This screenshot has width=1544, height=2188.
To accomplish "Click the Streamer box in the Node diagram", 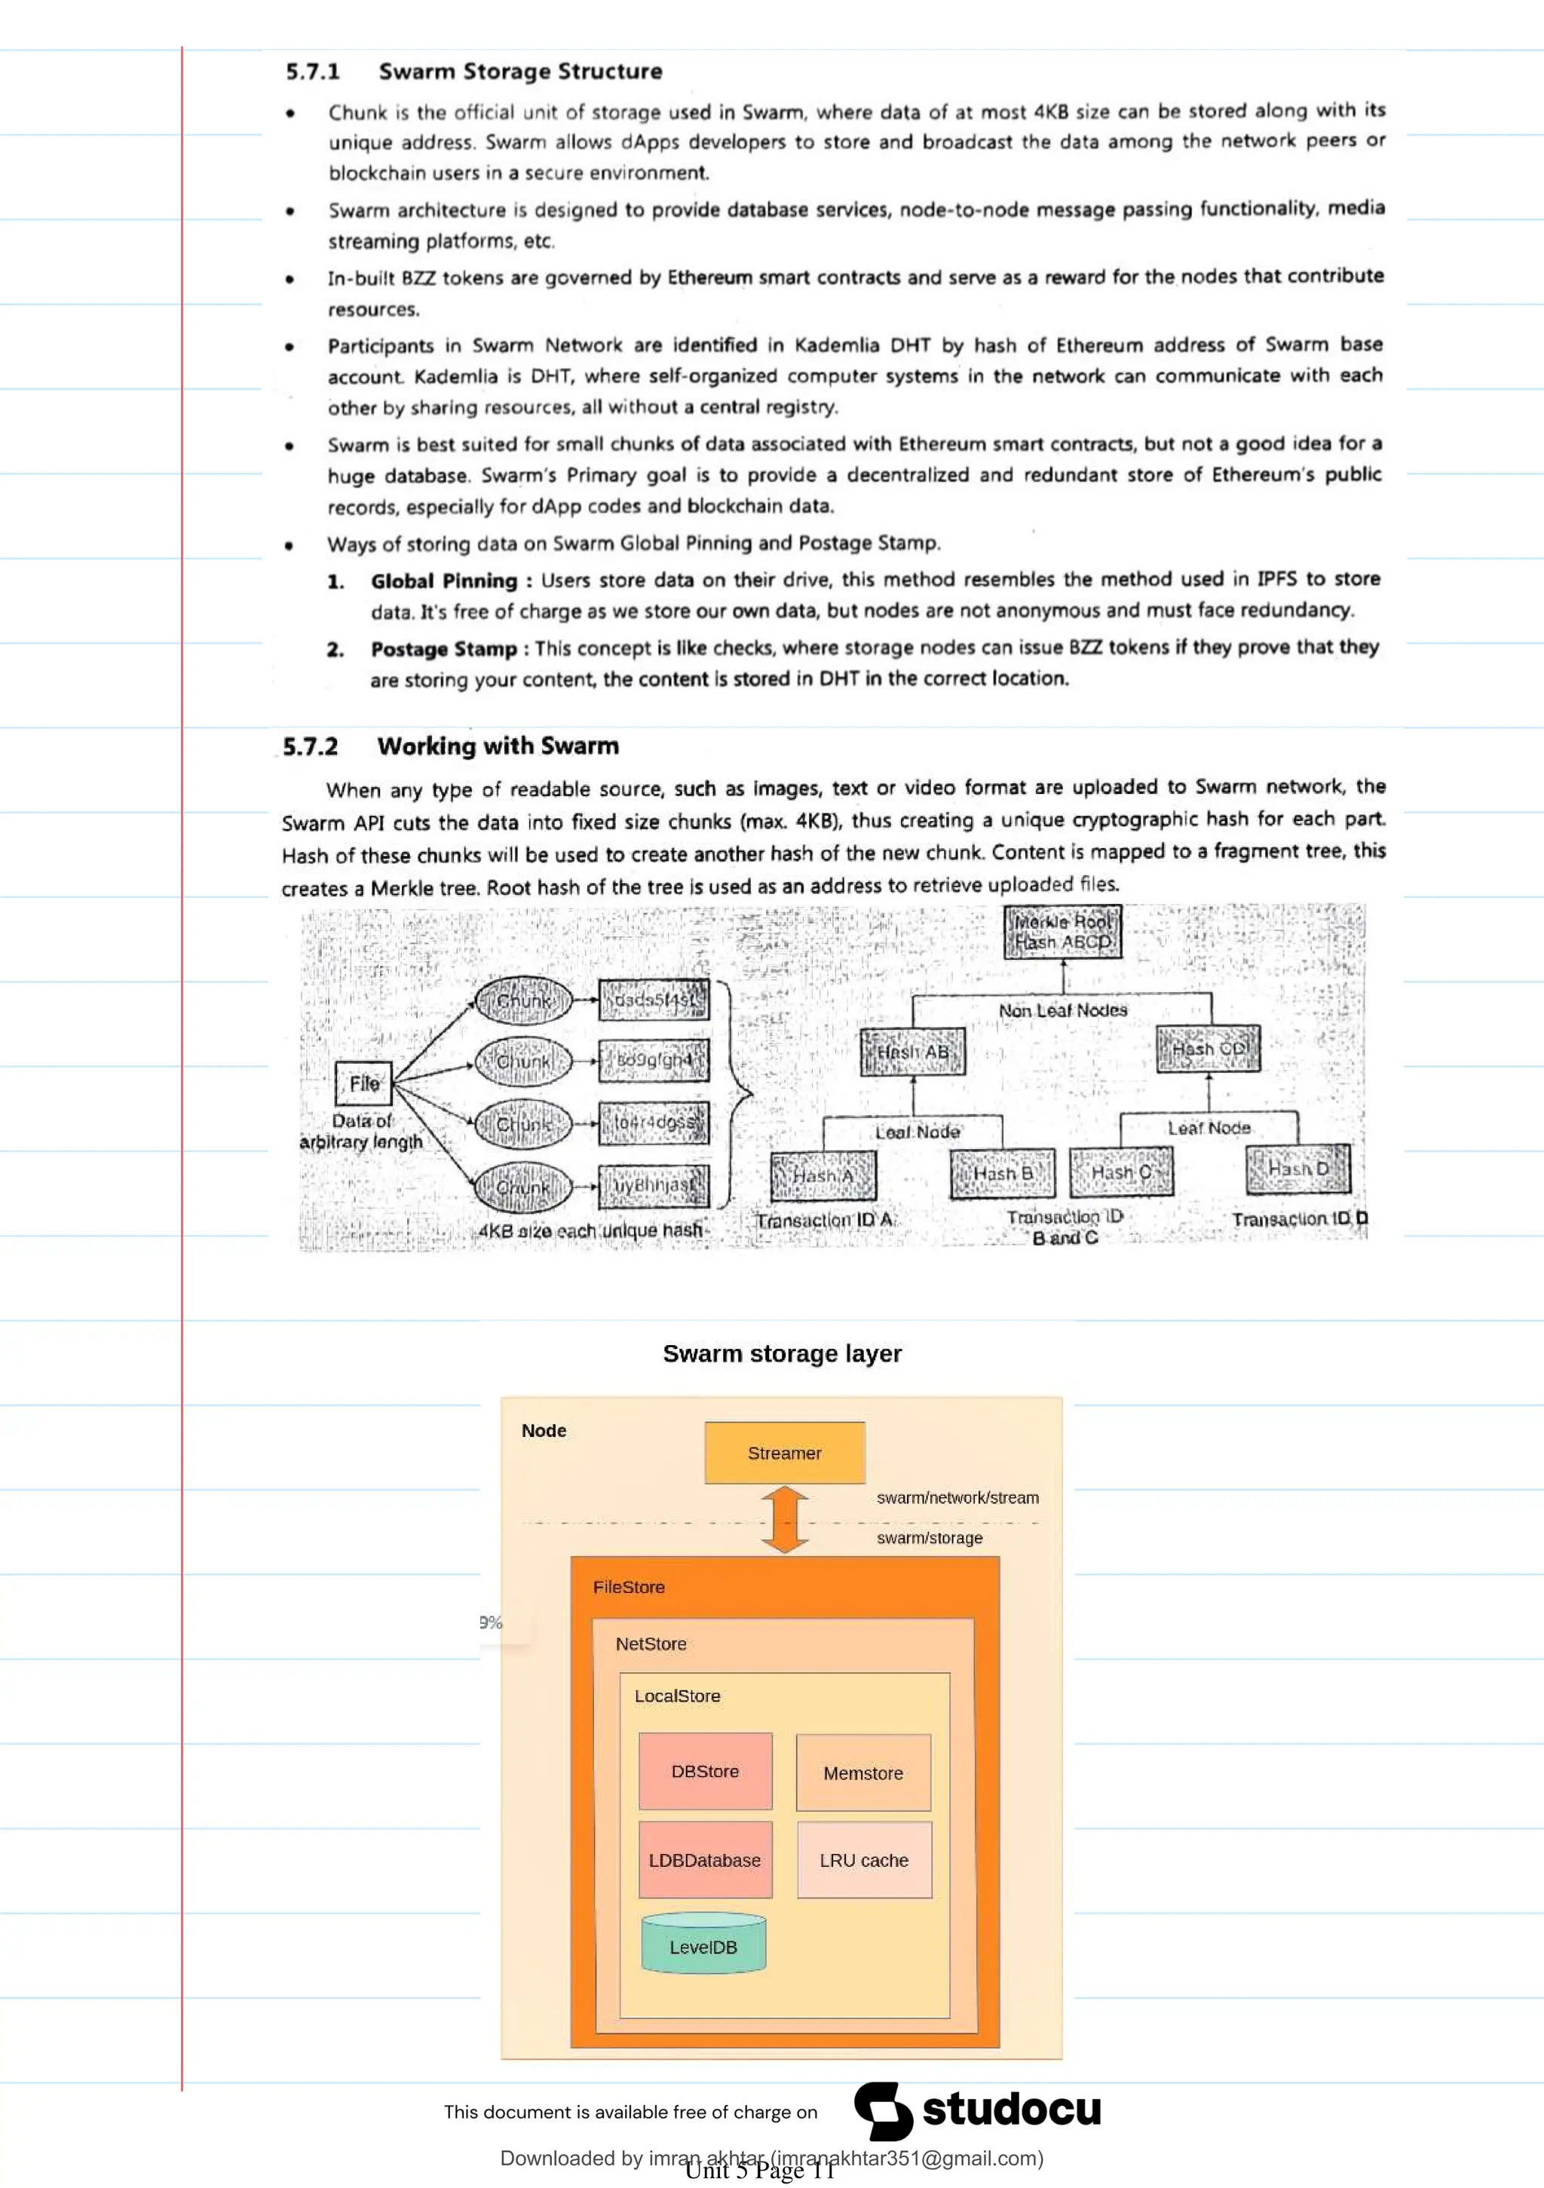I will click(784, 1452).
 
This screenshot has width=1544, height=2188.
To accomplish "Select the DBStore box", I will click(706, 1770).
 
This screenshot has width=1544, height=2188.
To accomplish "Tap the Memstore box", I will click(863, 1773).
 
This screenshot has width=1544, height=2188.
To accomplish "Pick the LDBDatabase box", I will click(706, 1859).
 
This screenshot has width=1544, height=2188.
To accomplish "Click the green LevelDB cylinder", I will click(703, 1943).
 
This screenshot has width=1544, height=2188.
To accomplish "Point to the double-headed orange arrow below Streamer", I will click(784, 1520).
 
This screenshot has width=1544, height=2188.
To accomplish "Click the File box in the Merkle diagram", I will click(364, 1083).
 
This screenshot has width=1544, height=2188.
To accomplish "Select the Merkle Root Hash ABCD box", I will click(1063, 932).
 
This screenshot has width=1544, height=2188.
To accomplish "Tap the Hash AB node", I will click(912, 1052).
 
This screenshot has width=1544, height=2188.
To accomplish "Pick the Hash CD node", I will click(1209, 1048).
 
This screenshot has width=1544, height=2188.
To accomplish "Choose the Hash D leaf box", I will click(1298, 1169).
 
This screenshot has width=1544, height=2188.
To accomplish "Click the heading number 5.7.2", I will click(311, 746).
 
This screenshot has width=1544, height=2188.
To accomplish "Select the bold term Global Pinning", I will click(444, 581).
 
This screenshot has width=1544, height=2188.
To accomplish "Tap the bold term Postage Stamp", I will click(444, 649).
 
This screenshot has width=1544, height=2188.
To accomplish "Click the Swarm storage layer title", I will click(782, 1353).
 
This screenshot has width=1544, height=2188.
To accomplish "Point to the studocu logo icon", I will click(883, 2110).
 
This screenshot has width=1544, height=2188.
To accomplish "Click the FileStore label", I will click(629, 1586).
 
